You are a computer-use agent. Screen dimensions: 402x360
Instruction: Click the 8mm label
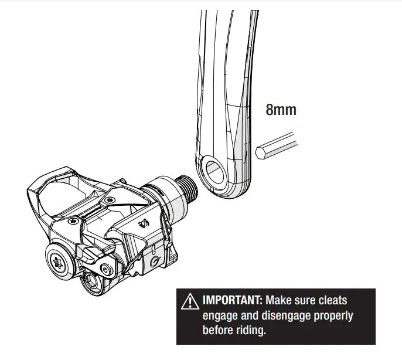point(281,110)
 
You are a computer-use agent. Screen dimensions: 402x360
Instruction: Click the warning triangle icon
point(191,302)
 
